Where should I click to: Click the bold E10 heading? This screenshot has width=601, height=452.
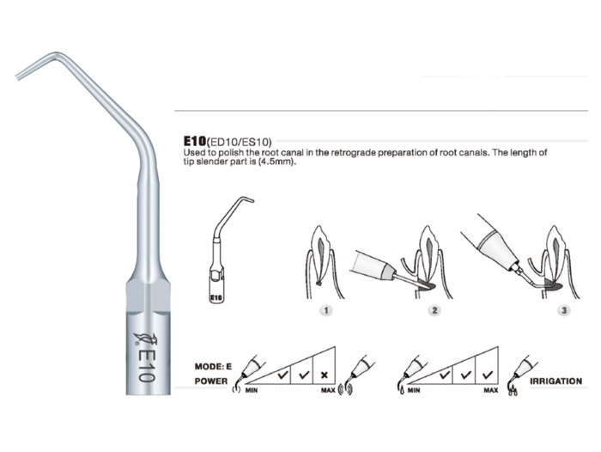tap(195, 141)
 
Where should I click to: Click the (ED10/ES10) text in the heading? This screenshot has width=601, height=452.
tap(240, 143)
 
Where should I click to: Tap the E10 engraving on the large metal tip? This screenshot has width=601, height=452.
tap(147, 365)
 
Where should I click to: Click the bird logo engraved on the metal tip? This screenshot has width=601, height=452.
tap(143, 338)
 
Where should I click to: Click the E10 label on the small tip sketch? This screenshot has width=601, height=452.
tap(216, 297)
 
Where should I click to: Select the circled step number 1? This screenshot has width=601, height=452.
tap(326, 310)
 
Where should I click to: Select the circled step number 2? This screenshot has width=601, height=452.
tap(434, 310)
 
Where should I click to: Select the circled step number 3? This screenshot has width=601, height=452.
tap(564, 310)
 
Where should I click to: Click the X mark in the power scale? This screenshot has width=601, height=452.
tap(325, 375)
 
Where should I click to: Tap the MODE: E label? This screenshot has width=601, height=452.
tap(213, 366)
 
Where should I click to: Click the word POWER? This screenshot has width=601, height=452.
tap(211, 381)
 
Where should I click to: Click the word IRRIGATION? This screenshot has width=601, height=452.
tap(555, 381)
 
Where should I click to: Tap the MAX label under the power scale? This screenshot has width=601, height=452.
tap(328, 390)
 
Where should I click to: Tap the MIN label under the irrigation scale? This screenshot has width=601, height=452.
tap(414, 390)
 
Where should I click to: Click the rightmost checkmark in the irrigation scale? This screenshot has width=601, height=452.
tap(487, 374)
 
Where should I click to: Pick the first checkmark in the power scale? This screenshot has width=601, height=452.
tap(282, 374)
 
